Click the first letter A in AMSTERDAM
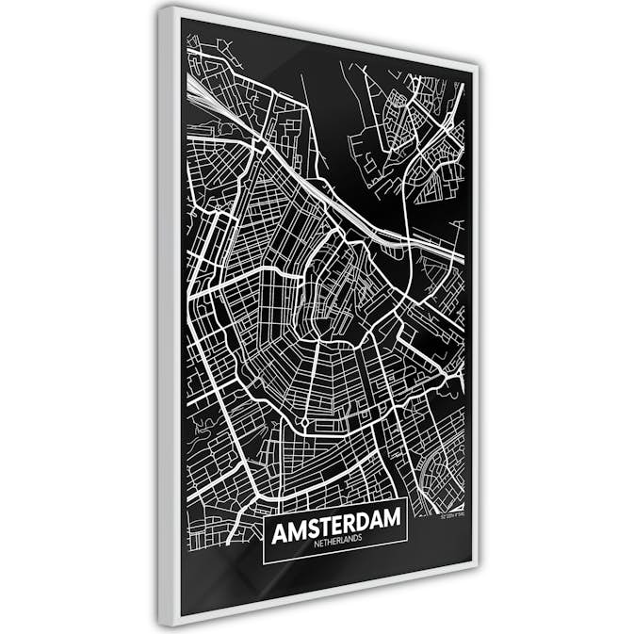279,534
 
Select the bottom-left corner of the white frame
164,626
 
